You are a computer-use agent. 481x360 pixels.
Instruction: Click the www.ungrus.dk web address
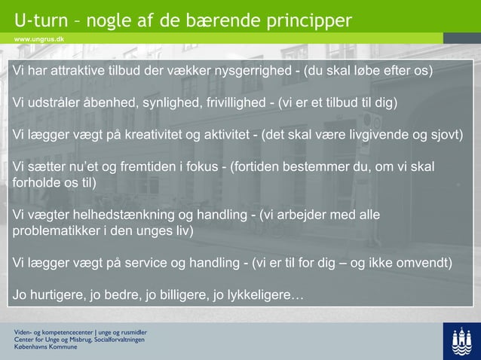38,38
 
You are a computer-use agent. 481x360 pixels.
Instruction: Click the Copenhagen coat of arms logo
461,341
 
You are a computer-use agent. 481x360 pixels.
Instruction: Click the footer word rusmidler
130,332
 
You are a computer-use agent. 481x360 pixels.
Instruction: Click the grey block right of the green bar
461,38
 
